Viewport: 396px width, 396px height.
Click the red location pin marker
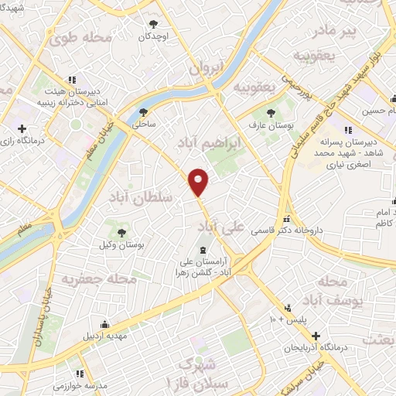click(200, 181)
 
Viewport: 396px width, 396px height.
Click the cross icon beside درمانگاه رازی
click(22, 129)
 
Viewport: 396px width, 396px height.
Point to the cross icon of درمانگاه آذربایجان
click(316, 336)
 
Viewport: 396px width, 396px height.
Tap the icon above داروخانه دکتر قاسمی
click(287, 219)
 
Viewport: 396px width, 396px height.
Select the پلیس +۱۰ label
click(285, 319)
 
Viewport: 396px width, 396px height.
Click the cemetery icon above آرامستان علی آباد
click(203, 250)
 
